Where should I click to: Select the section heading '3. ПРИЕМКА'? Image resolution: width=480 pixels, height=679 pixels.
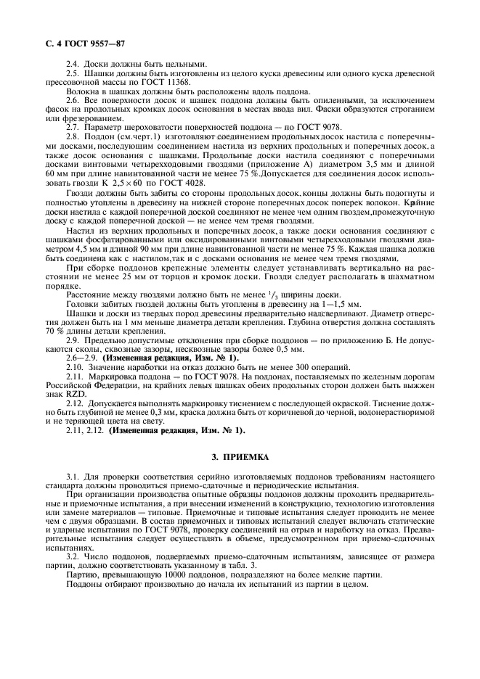click(x=239, y=458)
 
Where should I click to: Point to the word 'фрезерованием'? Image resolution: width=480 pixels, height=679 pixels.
click(x=86, y=118)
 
